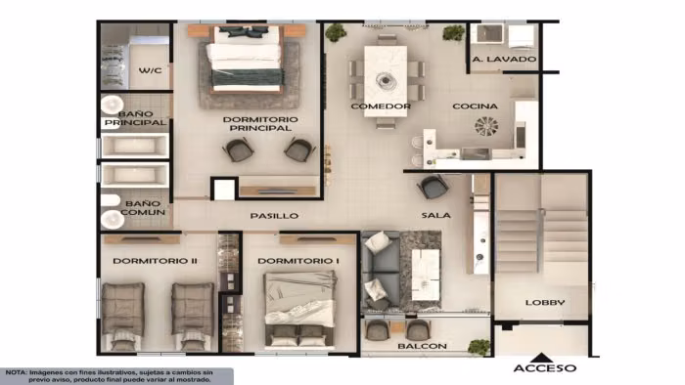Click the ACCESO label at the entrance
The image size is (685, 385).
(545, 368)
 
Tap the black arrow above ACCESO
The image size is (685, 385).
(542, 358)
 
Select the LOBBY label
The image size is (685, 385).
(545, 302)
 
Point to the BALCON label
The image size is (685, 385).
(422, 346)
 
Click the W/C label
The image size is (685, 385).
(151, 70)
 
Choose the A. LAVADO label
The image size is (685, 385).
(504, 59)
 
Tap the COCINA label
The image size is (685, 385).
(475, 106)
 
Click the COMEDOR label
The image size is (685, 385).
(381, 106)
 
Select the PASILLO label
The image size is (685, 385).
(274, 215)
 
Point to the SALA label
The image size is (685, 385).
(436, 215)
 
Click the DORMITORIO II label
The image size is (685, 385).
(155, 261)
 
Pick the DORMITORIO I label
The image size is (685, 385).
(298, 261)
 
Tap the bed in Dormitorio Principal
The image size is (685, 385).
(247, 60)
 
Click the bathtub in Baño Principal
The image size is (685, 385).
(135, 146)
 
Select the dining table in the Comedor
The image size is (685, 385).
(386, 81)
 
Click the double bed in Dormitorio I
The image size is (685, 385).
(299, 309)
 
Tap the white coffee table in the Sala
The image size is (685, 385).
(426, 275)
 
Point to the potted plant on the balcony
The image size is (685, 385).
(479, 347)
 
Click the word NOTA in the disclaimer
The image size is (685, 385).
(16, 373)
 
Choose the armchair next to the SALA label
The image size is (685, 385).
(434, 187)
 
